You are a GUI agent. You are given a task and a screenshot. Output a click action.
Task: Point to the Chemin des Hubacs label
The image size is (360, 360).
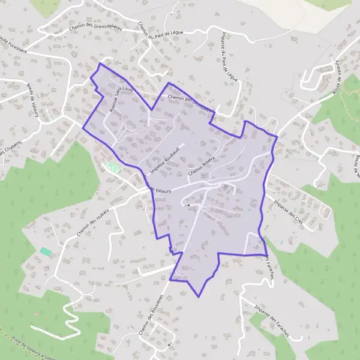coord(91,222)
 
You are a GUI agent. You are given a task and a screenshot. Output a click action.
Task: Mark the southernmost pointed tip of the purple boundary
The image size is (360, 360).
coord(199,296)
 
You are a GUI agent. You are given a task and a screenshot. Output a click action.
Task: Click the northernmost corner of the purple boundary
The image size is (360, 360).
coord(99,64)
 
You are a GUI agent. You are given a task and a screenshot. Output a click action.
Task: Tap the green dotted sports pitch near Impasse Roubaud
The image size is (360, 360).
coord(110,166)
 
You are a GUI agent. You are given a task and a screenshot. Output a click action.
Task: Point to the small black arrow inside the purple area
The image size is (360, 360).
coord(188,206)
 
